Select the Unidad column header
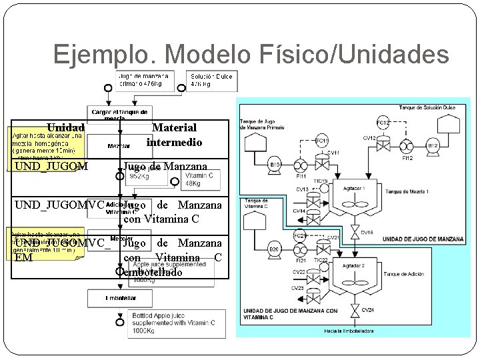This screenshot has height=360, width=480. [65, 127]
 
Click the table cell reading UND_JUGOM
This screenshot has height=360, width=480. [51, 166]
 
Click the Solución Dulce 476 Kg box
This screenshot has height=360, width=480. [210, 80]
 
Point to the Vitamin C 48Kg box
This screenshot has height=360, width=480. [201, 179]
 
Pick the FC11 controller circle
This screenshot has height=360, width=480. [321, 141]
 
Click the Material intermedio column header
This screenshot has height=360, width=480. [174, 134]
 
